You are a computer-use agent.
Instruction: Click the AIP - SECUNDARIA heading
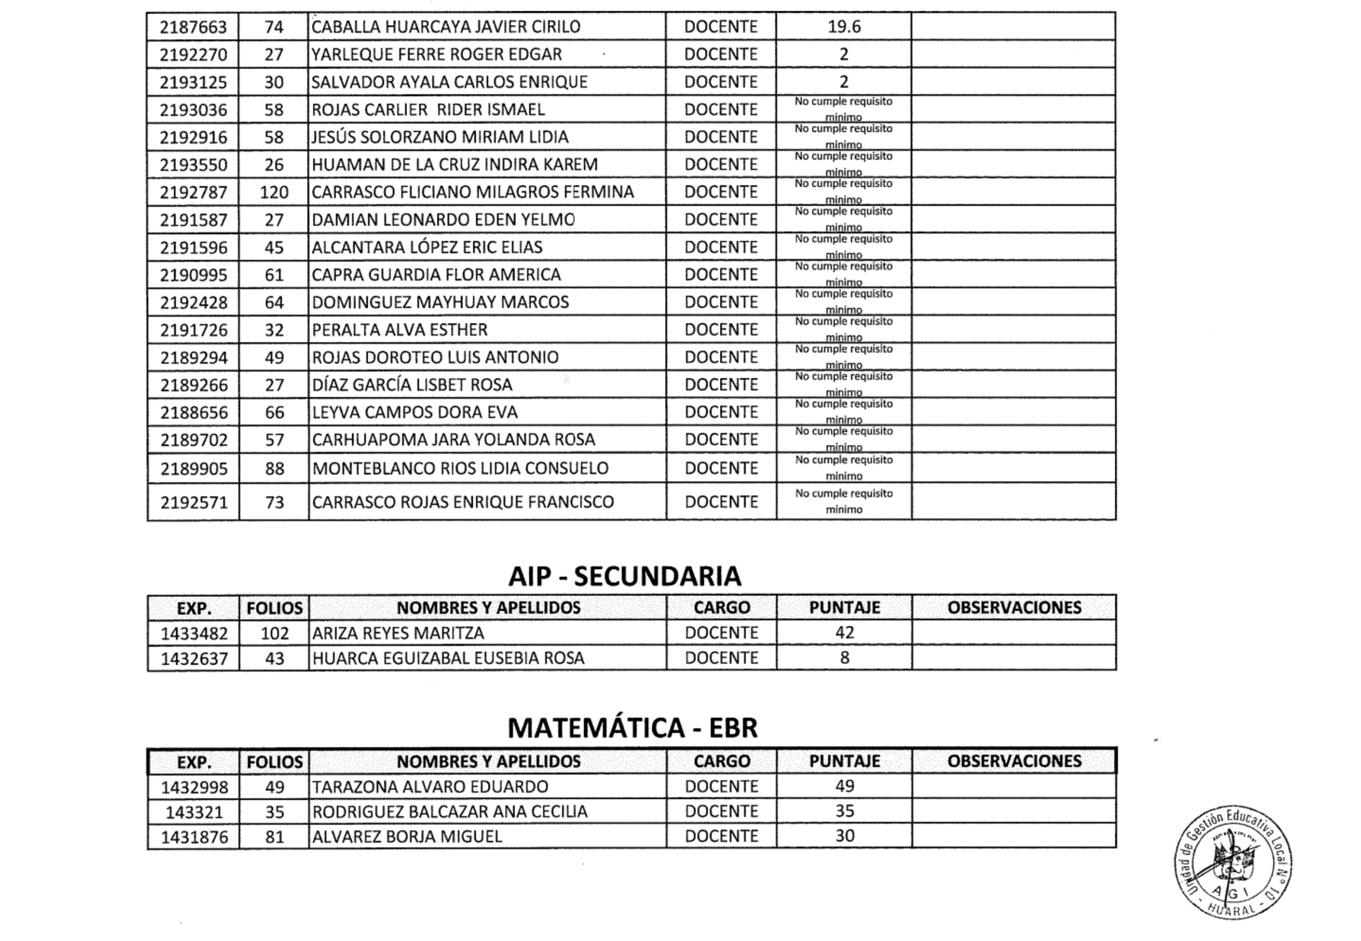624,576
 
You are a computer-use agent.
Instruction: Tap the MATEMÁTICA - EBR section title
632,728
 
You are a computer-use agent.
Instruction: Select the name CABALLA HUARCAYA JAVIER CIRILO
445,26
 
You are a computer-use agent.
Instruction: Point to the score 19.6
844,26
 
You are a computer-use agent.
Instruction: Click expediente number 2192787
194,192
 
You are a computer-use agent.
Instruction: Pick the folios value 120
274,192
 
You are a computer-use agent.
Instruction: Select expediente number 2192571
194,502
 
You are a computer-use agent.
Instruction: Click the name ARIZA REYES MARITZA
398,633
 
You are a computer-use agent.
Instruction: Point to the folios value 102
274,633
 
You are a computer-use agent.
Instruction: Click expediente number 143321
194,813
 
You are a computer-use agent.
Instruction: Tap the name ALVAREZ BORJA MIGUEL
407,837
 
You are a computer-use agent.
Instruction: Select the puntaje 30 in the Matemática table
844,836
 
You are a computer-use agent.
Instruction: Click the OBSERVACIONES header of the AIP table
1014,608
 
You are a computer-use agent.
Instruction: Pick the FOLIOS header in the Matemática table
274,762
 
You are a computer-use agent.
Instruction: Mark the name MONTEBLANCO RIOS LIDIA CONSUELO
460,468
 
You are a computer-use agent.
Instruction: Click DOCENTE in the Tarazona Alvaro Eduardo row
721,787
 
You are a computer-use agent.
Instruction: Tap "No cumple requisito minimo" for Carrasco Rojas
844,501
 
